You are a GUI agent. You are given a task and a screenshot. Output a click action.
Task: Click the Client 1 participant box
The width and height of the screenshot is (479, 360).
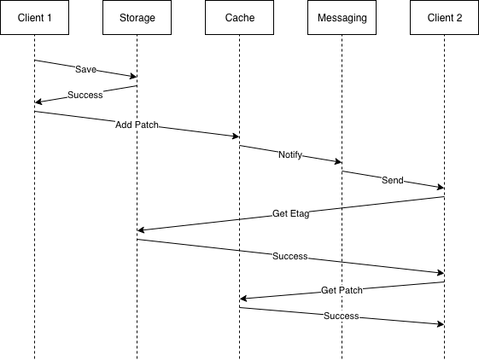(34, 17)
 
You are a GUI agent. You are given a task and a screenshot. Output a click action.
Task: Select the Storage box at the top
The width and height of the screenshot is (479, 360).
(137, 17)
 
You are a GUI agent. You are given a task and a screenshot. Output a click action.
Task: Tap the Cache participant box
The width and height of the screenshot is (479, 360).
(239, 17)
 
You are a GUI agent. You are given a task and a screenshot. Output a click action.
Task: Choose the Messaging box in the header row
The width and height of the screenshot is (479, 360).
(342, 17)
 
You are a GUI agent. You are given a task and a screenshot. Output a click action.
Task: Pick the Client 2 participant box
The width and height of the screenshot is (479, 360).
(444, 17)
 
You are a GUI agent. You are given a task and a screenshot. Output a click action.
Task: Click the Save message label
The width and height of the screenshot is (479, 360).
(85, 68)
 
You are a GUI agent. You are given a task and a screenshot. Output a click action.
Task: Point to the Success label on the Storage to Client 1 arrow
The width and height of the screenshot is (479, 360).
(85, 94)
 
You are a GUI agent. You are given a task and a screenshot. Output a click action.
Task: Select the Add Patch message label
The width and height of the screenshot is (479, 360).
(137, 124)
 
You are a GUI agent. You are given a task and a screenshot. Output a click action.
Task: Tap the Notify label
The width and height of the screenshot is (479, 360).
(290, 154)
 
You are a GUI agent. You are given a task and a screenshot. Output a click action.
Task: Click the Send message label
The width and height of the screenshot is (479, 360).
(393, 180)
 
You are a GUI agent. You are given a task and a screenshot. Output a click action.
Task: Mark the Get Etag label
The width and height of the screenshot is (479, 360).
(290, 213)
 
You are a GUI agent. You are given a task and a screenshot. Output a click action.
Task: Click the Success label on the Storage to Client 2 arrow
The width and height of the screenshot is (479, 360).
(290, 256)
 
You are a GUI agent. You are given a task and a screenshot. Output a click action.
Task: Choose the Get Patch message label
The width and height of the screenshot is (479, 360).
(342, 290)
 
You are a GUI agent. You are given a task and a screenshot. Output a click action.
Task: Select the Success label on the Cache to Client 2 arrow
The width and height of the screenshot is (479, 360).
(342, 316)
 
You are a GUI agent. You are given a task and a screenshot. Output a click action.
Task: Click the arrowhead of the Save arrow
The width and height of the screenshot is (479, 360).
(133, 77)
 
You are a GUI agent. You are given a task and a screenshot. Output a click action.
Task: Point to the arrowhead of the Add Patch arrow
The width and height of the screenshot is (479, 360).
(236, 136)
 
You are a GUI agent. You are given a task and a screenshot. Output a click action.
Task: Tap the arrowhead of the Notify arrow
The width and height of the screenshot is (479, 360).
(338, 162)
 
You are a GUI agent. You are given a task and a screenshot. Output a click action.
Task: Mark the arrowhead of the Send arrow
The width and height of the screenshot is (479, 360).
(441, 188)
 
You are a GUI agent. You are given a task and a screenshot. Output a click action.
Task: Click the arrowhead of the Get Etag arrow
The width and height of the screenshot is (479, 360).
(141, 230)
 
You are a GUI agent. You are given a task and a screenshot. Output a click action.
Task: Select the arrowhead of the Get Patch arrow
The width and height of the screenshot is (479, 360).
(243, 299)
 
